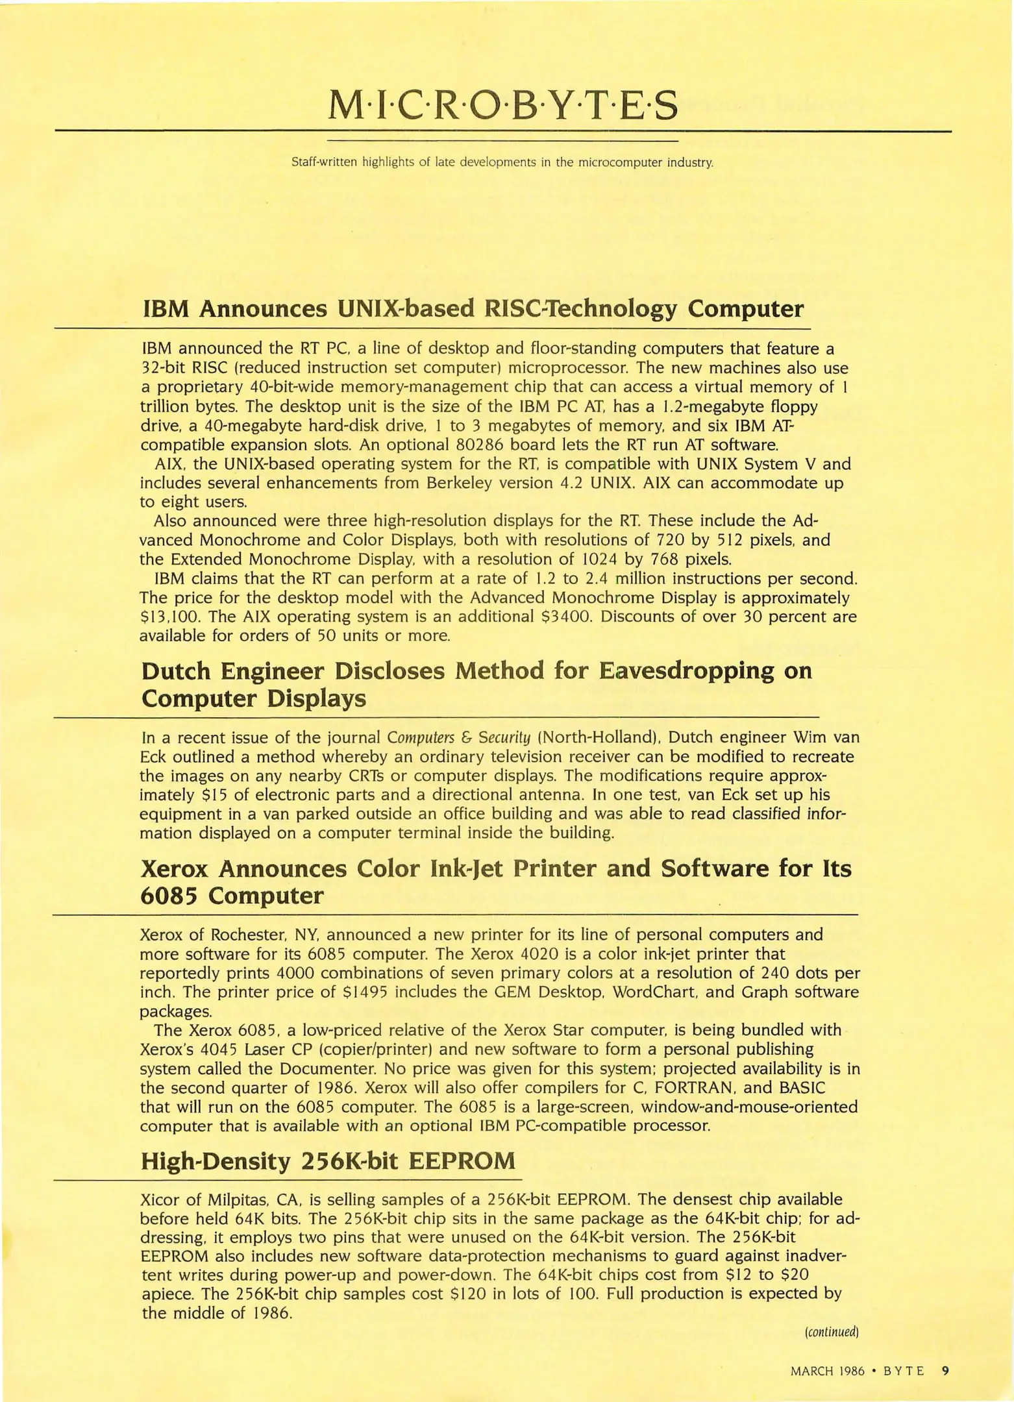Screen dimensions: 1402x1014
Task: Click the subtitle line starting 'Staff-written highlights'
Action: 502,162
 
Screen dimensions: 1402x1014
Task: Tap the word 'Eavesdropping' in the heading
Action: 686,670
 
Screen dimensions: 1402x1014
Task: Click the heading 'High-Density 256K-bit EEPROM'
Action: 328,1161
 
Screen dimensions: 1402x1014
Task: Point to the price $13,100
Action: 166,617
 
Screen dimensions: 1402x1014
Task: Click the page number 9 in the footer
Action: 945,1371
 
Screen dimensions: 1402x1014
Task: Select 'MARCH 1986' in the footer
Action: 828,1371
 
